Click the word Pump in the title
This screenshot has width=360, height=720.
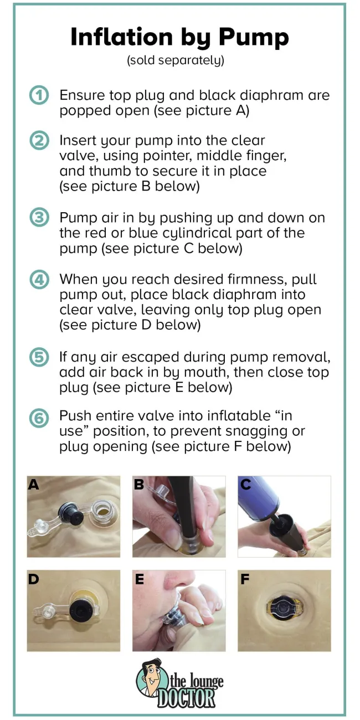point(254,38)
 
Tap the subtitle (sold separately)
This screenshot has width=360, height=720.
point(176,60)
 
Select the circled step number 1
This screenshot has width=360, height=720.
point(39,95)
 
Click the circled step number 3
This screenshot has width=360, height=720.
point(39,218)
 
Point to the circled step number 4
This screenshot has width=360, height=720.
point(39,280)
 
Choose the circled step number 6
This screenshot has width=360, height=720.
point(39,419)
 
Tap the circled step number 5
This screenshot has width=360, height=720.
point(39,357)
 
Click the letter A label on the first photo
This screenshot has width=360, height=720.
point(33,484)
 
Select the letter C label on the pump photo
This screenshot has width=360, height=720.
point(246,484)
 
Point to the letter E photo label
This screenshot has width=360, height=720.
point(140,579)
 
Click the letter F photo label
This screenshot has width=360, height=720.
point(245,579)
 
